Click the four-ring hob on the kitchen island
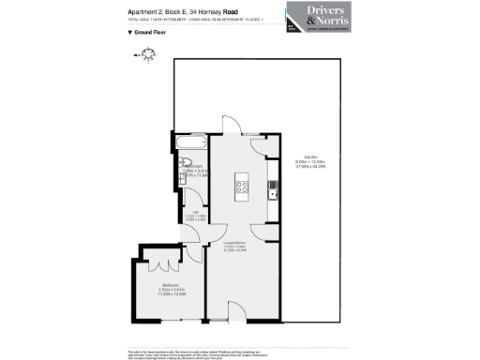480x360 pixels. tap(241, 185)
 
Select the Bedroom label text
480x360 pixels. tap(170, 284)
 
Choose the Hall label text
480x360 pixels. tap(198, 214)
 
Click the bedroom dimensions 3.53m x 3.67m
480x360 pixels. tap(170, 289)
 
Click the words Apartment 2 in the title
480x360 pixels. tap(145, 11)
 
